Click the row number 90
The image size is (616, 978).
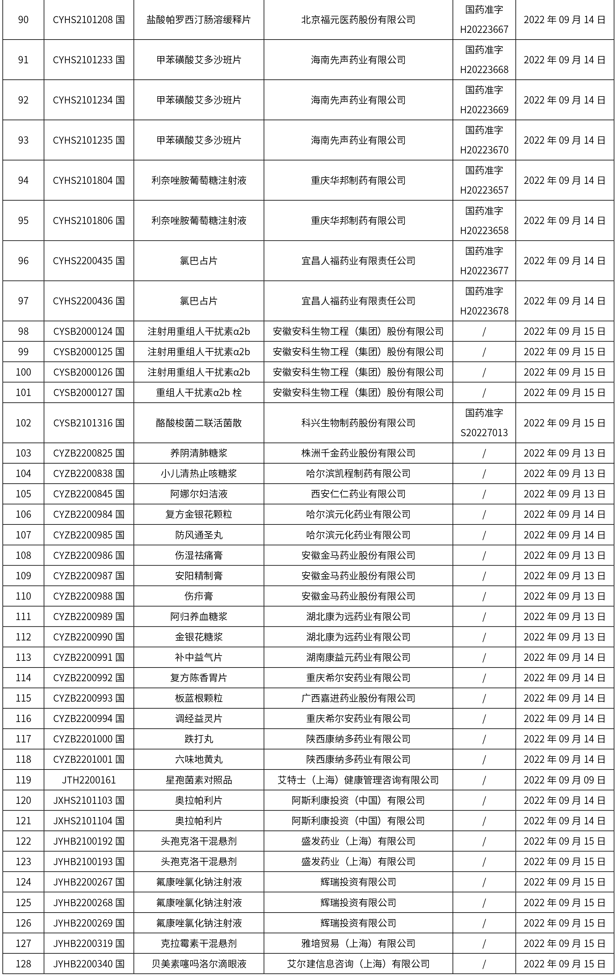23,19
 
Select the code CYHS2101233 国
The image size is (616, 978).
89,60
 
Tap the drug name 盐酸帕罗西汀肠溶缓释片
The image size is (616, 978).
198,19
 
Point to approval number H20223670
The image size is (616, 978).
484,150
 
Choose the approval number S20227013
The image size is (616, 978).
484,433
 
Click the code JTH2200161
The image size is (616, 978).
89,780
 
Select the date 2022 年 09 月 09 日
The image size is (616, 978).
565,780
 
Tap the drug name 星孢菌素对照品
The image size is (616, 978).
198,780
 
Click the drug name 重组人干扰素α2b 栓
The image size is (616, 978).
198,392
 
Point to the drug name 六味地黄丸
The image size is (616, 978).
198,759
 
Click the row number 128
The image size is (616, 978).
23,963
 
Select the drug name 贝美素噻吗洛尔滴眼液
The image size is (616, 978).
198,963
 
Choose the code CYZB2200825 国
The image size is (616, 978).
89,453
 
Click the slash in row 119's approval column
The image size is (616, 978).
484,780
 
